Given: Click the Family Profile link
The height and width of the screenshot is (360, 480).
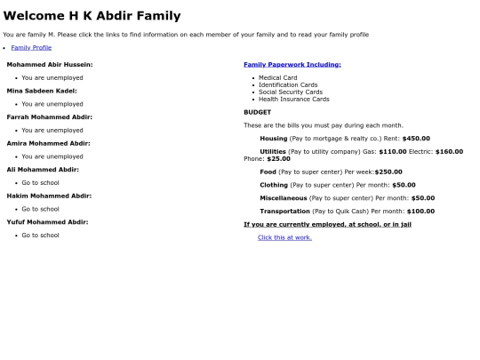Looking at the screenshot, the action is tap(31, 47).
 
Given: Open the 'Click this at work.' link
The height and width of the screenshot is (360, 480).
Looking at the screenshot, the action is tap(284, 237).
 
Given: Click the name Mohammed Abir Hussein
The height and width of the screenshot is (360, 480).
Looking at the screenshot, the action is tap(50, 65).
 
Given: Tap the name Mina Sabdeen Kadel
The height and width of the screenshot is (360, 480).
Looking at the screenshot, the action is tap(42, 91).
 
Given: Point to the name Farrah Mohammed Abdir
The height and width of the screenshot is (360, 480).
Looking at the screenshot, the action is tap(49, 116).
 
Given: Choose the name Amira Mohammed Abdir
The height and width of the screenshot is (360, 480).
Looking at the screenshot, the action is tap(48, 143).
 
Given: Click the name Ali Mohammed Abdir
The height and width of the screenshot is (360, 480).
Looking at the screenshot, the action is tap(43, 169).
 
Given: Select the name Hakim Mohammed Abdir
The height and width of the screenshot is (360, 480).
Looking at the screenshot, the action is tap(49, 196).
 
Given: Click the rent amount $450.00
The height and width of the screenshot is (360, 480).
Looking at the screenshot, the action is tap(416, 139).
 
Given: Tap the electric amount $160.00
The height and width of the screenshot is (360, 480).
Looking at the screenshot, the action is tap(449, 152).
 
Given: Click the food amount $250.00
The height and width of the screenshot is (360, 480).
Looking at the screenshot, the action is tap(388, 172).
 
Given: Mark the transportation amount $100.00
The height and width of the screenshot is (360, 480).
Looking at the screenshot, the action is tap(420, 212).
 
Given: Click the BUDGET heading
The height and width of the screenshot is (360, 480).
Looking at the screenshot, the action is tap(258, 112).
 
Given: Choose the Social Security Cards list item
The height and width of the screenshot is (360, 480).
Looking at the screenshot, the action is tap(291, 92).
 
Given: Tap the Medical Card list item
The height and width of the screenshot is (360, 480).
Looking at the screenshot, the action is tap(278, 78).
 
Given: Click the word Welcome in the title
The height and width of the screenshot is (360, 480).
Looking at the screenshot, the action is tap(33, 16).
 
